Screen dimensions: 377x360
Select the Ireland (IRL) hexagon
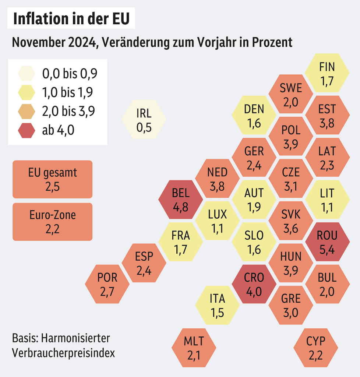coord(144,119)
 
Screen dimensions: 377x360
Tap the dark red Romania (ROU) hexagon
coord(327,242)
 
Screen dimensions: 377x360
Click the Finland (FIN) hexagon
coord(327,73)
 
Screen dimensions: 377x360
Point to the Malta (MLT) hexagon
coord(194,348)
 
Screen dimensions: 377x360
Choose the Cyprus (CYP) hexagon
coord(316,348)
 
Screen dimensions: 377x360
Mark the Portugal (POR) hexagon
coord(107,283)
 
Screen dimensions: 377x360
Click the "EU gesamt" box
coord(52,179)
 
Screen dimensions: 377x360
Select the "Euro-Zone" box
coord(52,222)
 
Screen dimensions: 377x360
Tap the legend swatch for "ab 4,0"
coord(27,130)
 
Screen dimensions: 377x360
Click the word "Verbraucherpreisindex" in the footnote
coord(63,353)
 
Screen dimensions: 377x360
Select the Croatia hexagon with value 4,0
coord(254,284)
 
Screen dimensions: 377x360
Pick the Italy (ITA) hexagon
coord(217,305)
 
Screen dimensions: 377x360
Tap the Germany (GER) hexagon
coord(254,158)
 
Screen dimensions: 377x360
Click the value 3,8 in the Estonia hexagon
coord(327,123)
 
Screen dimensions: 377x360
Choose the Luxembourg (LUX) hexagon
coord(217,221)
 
